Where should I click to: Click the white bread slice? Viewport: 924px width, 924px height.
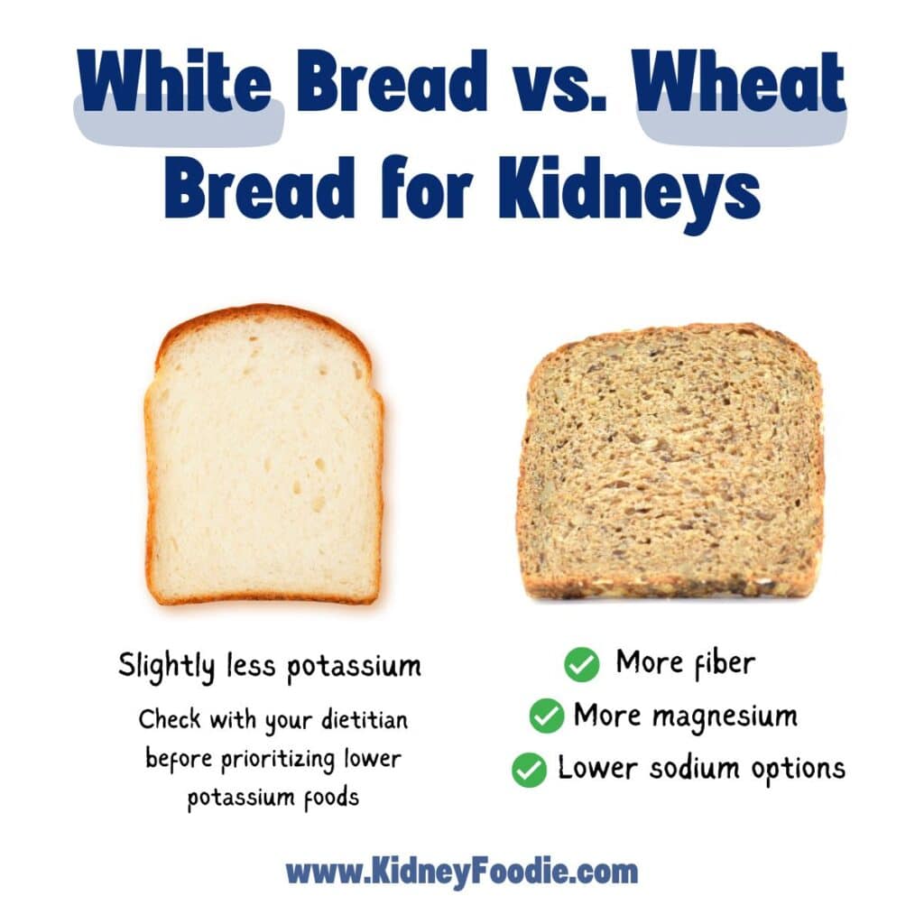pos(264,455)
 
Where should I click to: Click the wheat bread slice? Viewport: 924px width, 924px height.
pos(670,462)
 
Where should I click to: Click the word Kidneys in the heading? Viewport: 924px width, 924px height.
pos(629,189)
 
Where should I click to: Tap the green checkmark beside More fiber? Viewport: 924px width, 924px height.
pos(582,664)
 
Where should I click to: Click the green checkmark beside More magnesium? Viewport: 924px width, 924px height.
pos(547,716)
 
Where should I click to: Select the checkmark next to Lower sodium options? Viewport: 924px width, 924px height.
pos(529,770)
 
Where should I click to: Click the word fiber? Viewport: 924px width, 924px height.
pos(724,663)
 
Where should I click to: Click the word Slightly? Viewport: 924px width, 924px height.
pos(166,667)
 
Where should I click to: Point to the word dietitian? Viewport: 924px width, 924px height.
pos(365,719)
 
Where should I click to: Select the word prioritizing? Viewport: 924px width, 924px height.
pos(278,760)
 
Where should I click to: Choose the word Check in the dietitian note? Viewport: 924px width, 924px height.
pos(170,719)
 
